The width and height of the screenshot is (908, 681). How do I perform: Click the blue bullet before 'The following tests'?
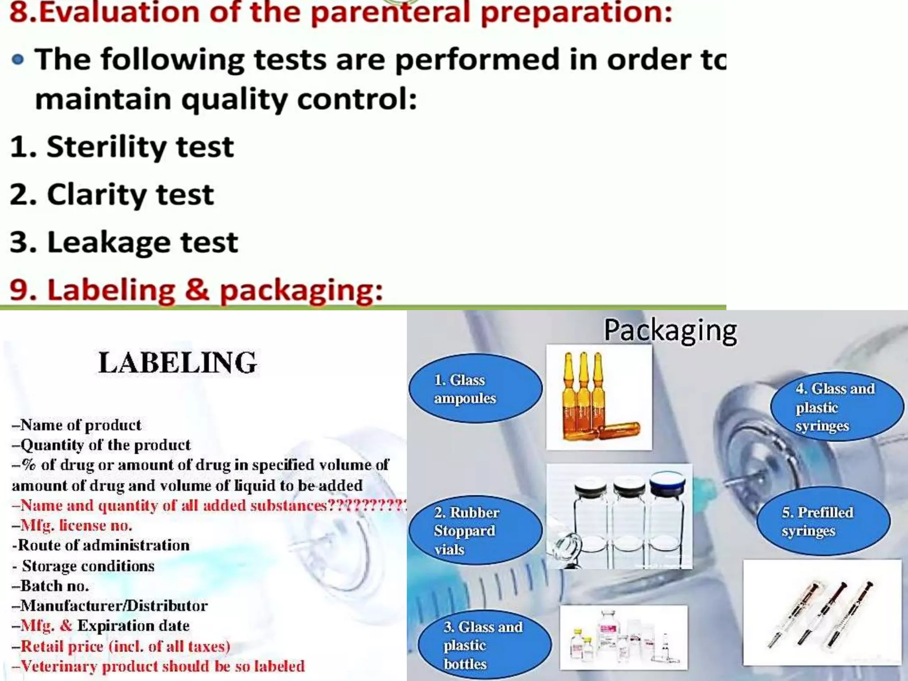[18, 59]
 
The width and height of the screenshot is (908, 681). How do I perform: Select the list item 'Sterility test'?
[122, 147]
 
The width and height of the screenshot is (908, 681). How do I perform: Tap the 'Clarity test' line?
[112, 194]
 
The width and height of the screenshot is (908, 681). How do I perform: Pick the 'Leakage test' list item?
[124, 242]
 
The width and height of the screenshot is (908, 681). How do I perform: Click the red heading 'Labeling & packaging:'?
[196, 290]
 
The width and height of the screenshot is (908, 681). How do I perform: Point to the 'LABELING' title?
[177, 363]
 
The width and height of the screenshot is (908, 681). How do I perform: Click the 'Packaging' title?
[670, 331]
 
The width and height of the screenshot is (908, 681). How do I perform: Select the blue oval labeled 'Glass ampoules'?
[475, 388]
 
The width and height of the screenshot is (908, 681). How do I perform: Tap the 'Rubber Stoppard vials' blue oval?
[475, 530]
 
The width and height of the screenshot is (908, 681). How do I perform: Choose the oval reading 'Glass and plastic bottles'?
[484, 645]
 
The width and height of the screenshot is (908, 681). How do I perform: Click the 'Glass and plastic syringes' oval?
[837, 407]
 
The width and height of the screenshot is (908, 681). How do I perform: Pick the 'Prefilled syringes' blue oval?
[823, 521]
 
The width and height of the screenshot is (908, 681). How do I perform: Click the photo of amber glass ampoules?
[599, 398]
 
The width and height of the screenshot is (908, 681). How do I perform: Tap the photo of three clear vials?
[619, 517]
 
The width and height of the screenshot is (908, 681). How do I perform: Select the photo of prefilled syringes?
[822, 613]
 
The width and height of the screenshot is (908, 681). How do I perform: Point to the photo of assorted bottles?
[623, 638]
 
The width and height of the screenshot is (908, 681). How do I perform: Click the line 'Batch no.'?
[51, 586]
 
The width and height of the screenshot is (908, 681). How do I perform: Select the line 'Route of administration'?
[101, 545]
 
